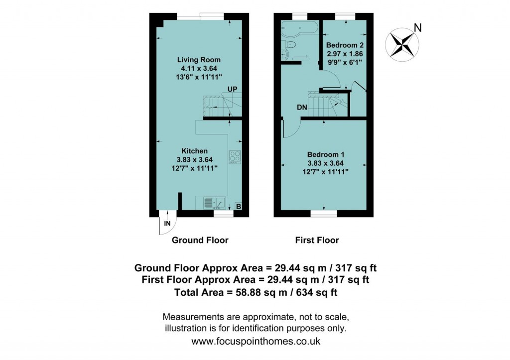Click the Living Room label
tap(199, 60)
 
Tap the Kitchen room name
tap(194, 151)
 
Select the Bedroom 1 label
tap(325, 154)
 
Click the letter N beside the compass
tap(418, 28)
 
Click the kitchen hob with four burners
tap(235, 157)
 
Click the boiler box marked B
tap(238, 206)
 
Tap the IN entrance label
tap(167, 224)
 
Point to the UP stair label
tap(232, 89)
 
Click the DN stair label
tap(302, 107)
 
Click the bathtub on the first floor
tap(299, 27)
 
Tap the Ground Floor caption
tap(200, 240)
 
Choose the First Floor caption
tap(317, 240)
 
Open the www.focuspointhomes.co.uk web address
tap(255, 342)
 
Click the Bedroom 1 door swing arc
tap(292, 128)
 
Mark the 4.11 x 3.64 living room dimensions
tap(199, 68)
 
